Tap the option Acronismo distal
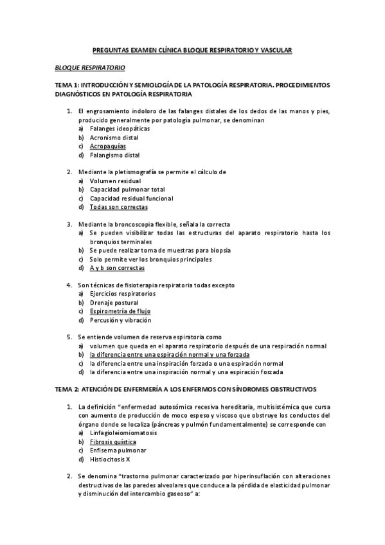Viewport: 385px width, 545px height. (x=114, y=138)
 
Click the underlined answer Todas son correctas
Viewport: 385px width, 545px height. (x=119, y=208)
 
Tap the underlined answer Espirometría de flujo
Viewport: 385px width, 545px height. (x=120, y=311)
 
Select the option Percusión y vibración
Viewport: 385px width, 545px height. (x=120, y=320)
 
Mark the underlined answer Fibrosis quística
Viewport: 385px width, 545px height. (x=112, y=442)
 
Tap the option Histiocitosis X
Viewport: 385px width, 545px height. (x=110, y=460)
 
